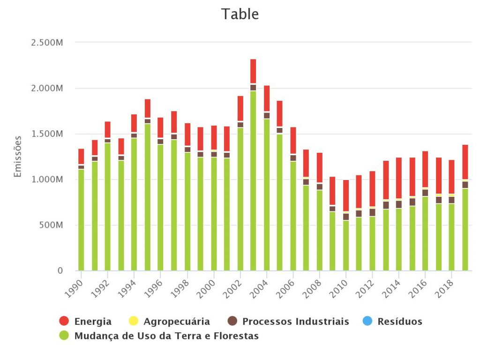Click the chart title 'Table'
pyautogui.click(x=240, y=14)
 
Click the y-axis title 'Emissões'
pyautogui.click(x=18, y=157)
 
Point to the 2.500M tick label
pyautogui.click(x=46, y=43)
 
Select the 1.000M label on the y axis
pyautogui.click(x=46, y=180)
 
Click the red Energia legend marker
pyautogui.click(x=64, y=321)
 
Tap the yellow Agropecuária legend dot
pyautogui.click(x=133, y=321)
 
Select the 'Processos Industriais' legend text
pyautogui.click(x=295, y=322)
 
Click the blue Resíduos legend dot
pyautogui.click(x=367, y=321)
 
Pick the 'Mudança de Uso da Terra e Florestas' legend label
pyautogui.click(x=166, y=336)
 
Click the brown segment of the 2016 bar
pyautogui.click(x=425, y=193)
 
